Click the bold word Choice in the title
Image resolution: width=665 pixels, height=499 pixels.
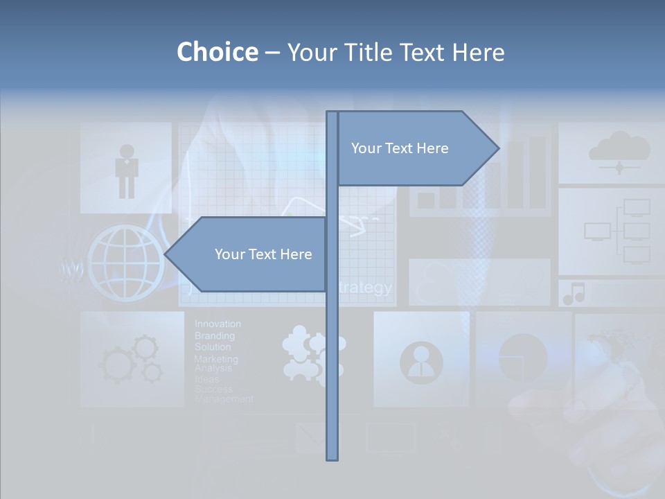(x=217, y=52)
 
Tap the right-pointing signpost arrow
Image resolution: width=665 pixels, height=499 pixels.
(x=416, y=148)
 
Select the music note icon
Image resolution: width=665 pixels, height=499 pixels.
(x=574, y=294)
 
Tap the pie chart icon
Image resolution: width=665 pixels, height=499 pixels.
(x=522, y=358)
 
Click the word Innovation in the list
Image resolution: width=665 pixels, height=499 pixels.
(x=218, y=324)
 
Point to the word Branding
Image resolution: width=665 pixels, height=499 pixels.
(x=214, y=335)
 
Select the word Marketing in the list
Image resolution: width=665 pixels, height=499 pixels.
(x=215, y=359)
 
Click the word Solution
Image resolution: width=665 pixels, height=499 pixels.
(x=213, y=347)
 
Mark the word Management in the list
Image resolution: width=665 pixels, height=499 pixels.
(x=224, y=399)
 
